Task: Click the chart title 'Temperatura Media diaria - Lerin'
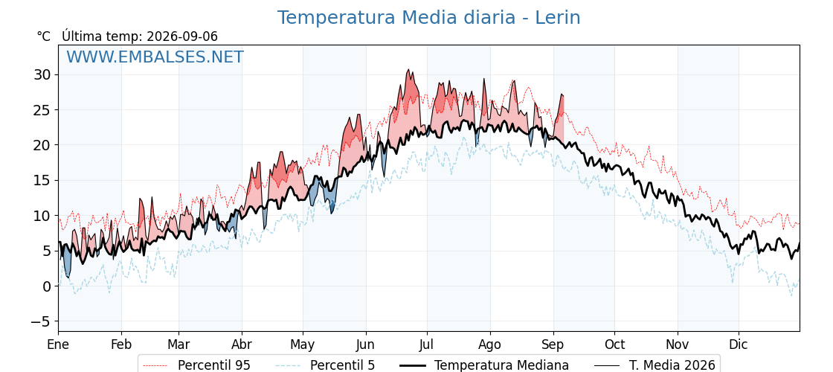coord(428,18)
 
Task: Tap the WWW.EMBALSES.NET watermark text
coord(155,57)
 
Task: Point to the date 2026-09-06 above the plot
coord(182,36)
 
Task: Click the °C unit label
coord(44,36)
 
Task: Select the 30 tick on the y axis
coord(44,74)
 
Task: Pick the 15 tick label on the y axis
coord(44,180)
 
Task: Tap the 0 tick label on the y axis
coord(48,286)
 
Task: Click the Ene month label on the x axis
coord(58,344)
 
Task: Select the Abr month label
coord(242,344)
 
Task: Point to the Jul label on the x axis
coord(427,344)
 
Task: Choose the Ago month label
coord(490,345)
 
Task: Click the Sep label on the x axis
coord(553,345)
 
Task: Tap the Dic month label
coord(739,344)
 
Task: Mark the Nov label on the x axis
coord(678,344)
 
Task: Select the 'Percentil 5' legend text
coord(342,365)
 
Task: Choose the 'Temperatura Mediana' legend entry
coord(501,365)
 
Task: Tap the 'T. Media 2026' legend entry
coord(672,365)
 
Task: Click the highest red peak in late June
coord(408,70)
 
